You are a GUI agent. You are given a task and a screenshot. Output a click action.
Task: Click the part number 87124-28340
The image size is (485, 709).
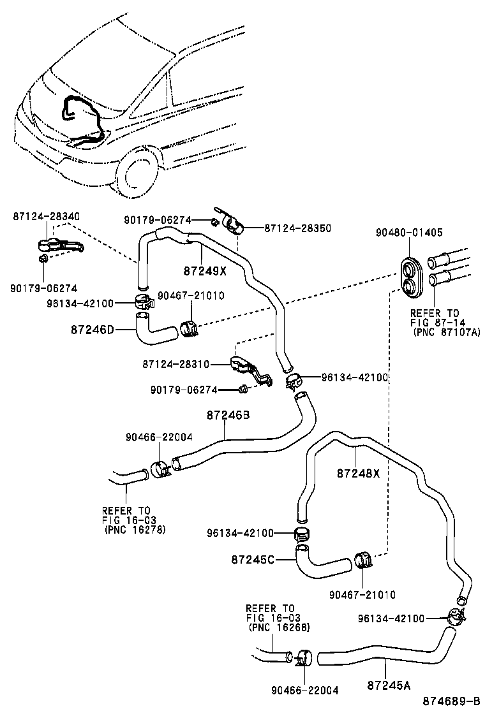(46, 217)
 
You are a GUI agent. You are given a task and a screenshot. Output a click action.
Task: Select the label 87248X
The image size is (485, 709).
(358, 472)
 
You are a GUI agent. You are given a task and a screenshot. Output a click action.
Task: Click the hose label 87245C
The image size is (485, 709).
(252, 559)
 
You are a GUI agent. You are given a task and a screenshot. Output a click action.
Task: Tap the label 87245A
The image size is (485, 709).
(389, 685)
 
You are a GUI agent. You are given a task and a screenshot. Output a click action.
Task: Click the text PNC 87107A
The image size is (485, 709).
(447, 332)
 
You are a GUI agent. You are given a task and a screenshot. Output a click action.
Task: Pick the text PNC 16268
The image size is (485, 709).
(279, 627)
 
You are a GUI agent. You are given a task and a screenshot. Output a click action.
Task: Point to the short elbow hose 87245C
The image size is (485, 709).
(323, 559)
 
